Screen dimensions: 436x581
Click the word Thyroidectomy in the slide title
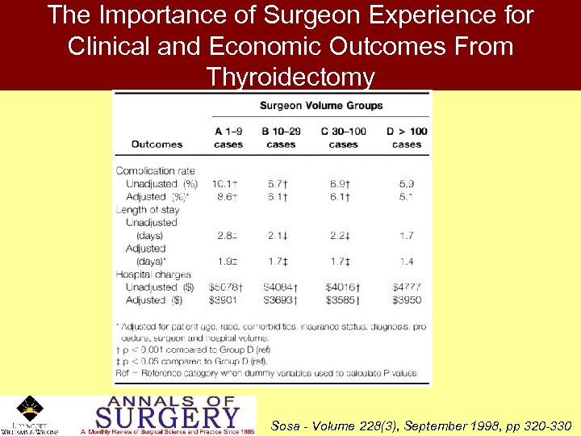(x=290, y=77)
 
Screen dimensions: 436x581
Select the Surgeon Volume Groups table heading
(x=321, y=105)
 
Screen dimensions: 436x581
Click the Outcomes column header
(x=157, y=145)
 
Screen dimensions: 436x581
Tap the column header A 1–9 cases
(x=228, y=138)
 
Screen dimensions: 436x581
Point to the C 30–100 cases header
(x=343, y=138)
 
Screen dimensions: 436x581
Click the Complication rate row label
(x=156, y=170)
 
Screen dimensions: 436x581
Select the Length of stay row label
(x=148, y=210)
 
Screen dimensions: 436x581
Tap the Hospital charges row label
(x=153, y=275)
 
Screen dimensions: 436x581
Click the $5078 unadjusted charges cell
(x=227, y=287)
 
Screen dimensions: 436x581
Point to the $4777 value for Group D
(x=406, y=287)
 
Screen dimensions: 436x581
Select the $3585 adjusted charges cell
(x=342, y=300)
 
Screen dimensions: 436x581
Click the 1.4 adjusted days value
(x=405, y=262)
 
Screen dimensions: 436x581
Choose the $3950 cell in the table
(x=406, y=300)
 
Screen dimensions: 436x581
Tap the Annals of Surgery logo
(x=167, y=415)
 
